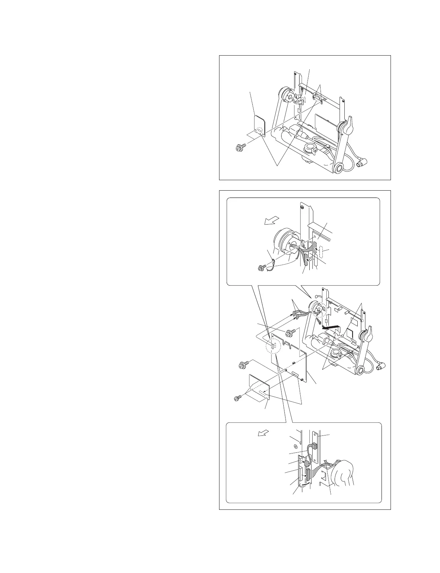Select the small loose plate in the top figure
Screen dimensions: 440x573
(260, 126)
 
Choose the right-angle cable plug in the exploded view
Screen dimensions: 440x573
(379, 368)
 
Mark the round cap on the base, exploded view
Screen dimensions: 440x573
(337, 353)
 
